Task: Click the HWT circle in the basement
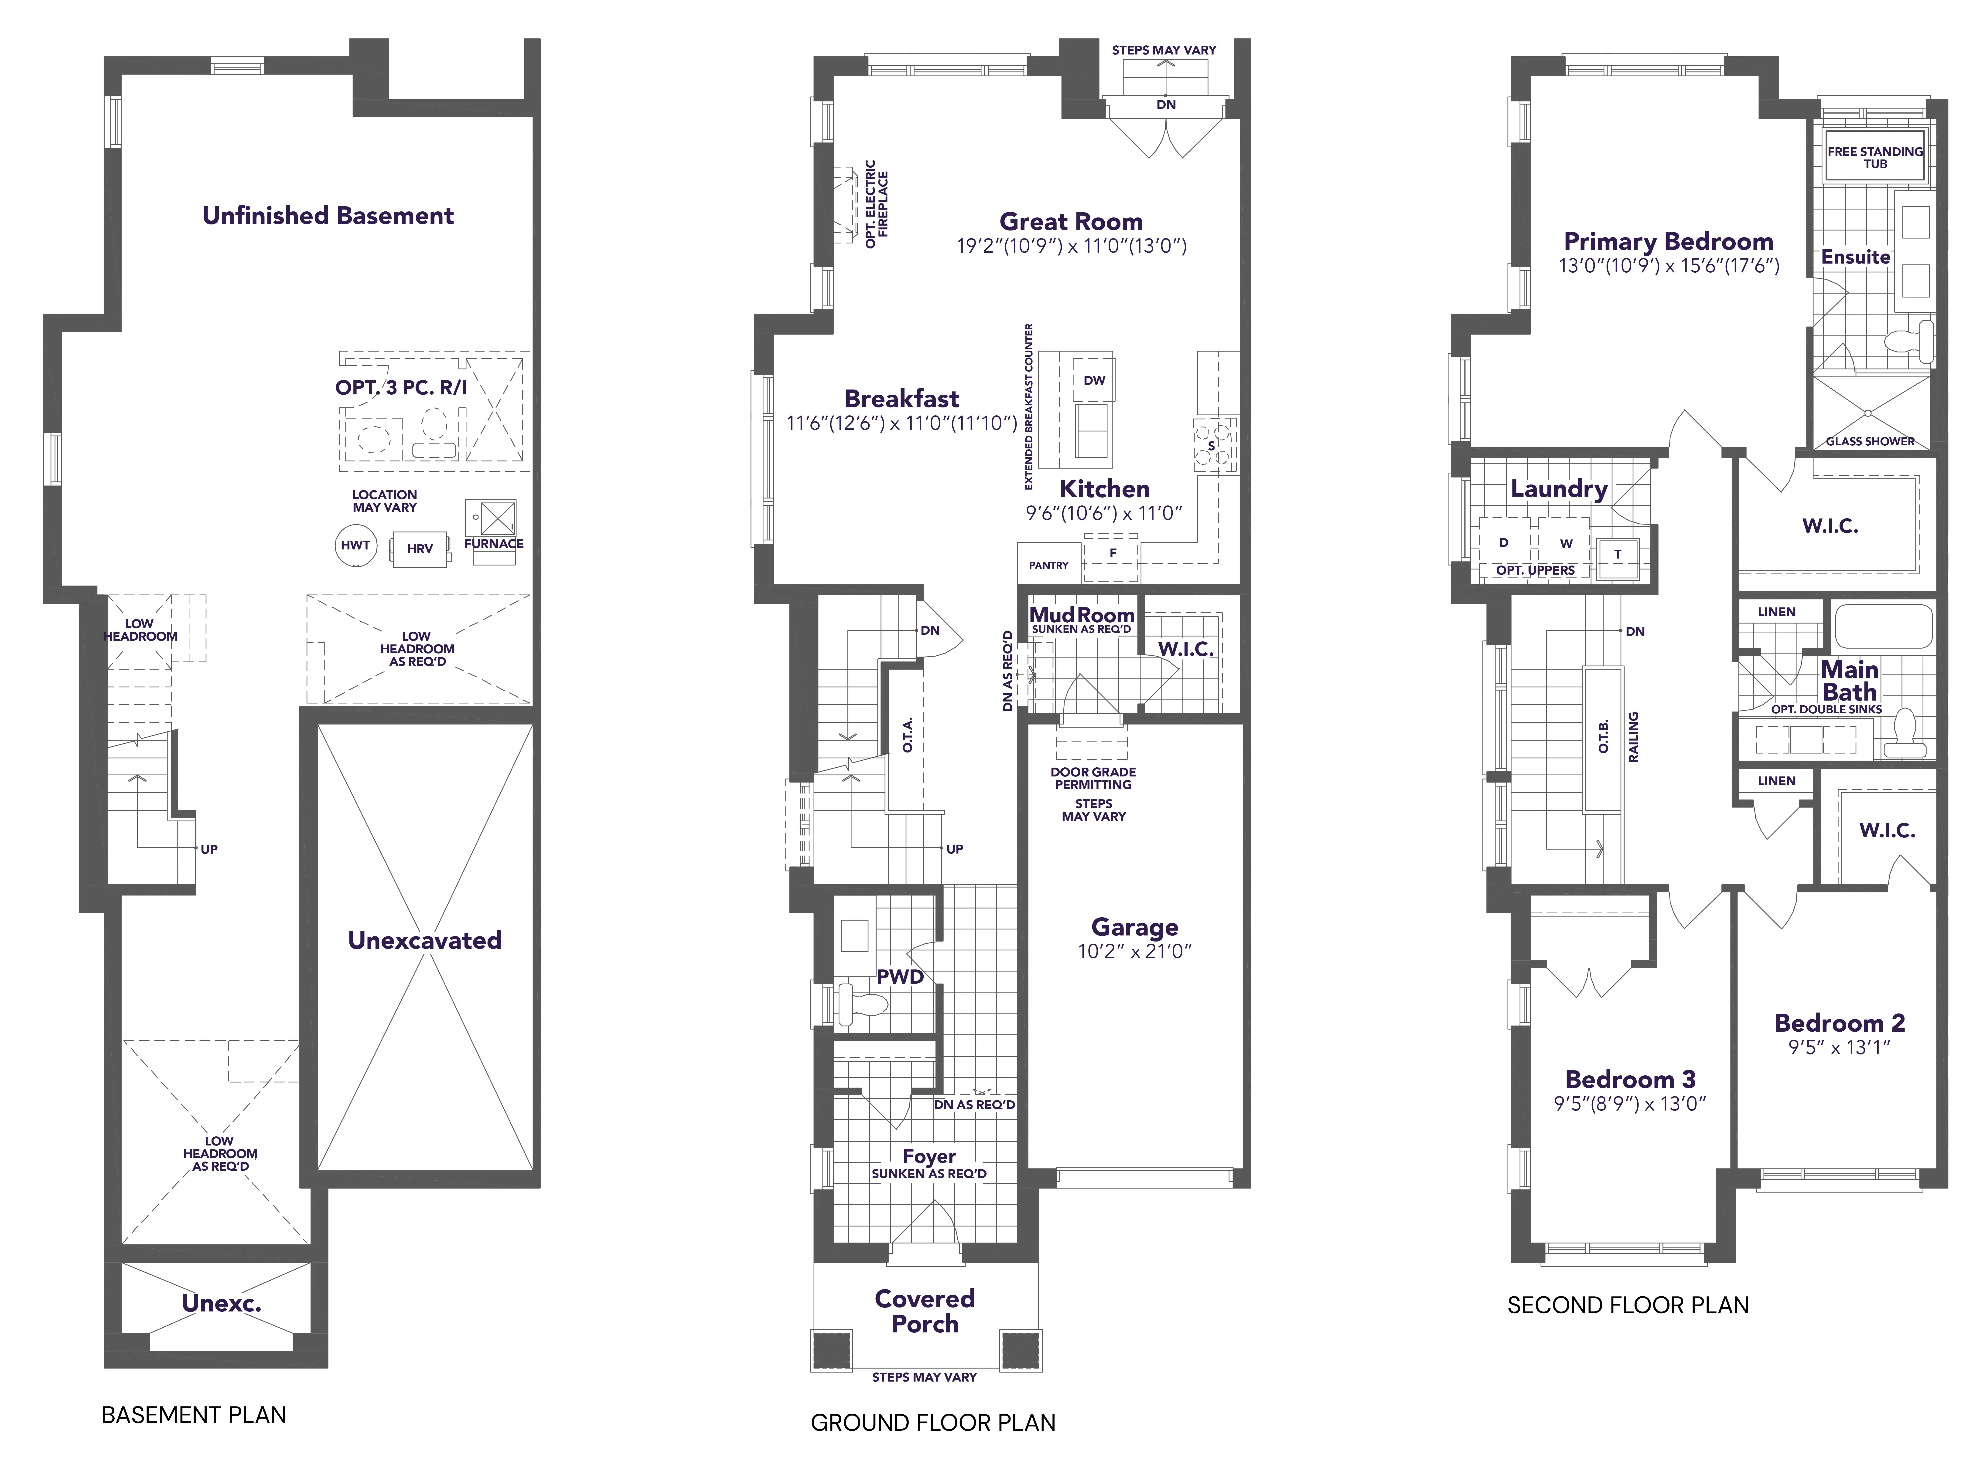(x=355, y=545)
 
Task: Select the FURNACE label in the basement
(x=494, y=543)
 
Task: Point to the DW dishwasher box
(x=1094, y=380)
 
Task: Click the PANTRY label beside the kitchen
(x=1049, y=565)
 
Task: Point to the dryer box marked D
(x=1504, y=542)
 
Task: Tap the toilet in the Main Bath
(x=1903, y=733)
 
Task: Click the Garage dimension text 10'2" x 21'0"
(x=1134, y=951)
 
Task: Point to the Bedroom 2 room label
(x=1840, y=1023)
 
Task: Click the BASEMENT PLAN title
(x=195, y=1415)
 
